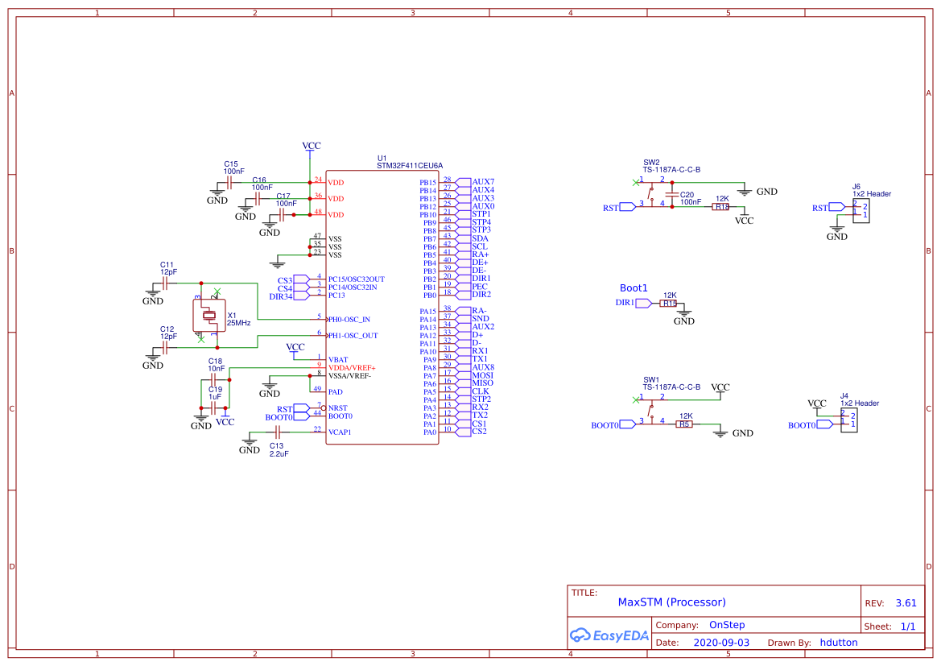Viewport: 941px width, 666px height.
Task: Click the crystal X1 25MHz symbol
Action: click(209, 315)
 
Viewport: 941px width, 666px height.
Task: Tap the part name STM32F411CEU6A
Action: click(410, 165)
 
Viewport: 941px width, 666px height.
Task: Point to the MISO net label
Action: click(482, 383)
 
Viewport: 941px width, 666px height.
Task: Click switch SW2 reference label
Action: click(651, 162)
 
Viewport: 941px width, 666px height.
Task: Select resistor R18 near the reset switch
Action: click(720, 207)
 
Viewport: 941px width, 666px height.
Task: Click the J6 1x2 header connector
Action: click(861, 211)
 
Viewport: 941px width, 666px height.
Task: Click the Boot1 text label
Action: click(634, 288)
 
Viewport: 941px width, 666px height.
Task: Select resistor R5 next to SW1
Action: click(684, 424)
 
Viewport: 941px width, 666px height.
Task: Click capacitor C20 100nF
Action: click(671, 196)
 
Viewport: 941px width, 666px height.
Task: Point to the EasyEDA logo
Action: click(608, 635)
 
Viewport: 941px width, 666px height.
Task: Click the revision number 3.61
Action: click(906, 603)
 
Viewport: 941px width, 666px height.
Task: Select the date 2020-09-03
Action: click(721, 643)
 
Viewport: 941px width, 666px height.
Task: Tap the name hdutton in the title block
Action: click(839, 643)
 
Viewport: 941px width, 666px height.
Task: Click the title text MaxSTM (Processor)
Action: click(671, 602)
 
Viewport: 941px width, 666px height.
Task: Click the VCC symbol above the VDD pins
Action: click(311, 147)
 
